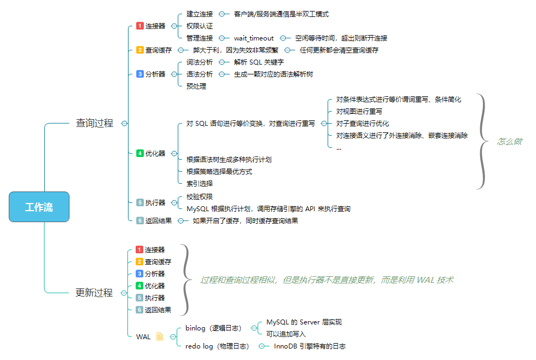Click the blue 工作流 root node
(39, 207)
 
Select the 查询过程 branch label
(95, 124)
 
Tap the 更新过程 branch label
(94, 293)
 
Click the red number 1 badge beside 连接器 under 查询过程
(139, 26)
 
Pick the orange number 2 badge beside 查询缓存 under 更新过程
(139, 262)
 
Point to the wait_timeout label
(254, 38)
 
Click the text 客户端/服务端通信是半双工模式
(281, 14)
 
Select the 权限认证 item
(200, 26)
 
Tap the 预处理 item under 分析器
(196, 86)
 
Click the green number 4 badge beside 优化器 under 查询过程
(139, 154)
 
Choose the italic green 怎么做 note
(509, 142)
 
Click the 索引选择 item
(200, 184)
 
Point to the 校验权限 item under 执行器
(200, 197)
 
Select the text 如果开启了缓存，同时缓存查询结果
(246, 221)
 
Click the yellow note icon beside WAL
(160, 336)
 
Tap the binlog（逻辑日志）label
(213, 328)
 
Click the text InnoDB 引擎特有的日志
(310, 346)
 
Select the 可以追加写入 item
(286, 334)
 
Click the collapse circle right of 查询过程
(124, 124)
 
